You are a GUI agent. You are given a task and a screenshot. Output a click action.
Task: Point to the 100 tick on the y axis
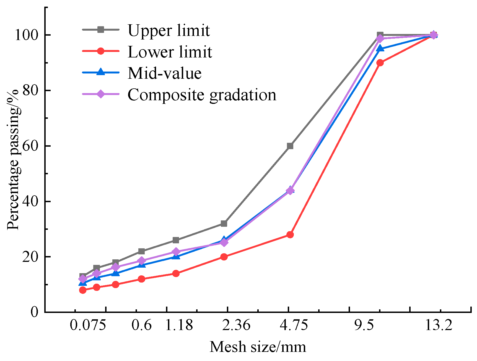click(x=26, y=35)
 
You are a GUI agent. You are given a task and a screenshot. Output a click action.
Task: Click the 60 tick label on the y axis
click(x=30, y=146)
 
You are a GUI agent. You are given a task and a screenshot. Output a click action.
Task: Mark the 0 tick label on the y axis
click(x=34, y=312)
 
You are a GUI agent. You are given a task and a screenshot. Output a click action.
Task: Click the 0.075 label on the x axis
click(x=88, y=325)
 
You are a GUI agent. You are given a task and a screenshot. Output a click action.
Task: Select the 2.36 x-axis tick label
click(x=236, y=325)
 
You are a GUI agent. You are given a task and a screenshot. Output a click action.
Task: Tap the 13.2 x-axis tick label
click(x=438, y=325)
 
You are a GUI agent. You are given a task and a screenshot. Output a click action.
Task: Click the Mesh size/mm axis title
click(x=258, y=347)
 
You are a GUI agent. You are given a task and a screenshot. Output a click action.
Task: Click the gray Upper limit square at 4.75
click(x=290, y=146)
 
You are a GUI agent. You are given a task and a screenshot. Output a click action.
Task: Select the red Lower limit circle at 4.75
click(x=290, y=235)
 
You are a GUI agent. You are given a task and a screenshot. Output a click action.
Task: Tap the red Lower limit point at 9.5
click(x=380, y=63)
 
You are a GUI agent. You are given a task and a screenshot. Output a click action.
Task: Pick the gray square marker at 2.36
click(x=224, y=223)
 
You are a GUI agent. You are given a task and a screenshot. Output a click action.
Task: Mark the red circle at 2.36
click(x=224, y=257)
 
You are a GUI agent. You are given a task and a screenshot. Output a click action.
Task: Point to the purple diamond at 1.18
click(x=176, y=252)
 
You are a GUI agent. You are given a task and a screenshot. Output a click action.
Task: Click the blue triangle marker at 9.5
click(x=380, y=49)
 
